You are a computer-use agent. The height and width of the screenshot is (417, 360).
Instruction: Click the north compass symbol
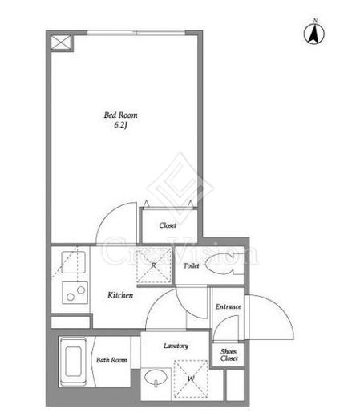(x=314, y=34)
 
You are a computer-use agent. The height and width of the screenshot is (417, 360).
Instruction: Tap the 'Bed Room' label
(x=120, y=115)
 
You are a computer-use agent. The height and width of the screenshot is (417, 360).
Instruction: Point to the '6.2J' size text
(x=120, y=125)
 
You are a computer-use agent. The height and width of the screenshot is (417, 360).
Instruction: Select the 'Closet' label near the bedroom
(x=168, y=225)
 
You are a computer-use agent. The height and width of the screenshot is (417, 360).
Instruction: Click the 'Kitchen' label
(x=120, y=295)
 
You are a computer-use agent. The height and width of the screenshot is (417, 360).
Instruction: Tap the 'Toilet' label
(x=191, y=265)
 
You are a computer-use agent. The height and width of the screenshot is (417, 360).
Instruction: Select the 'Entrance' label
(x=229, y=306)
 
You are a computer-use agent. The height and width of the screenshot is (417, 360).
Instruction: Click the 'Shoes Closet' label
(x=229, y=355)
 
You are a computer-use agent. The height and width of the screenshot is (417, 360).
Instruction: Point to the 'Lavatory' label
(x=176, y=346)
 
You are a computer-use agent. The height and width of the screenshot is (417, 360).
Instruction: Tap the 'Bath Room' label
(x=111, y=360)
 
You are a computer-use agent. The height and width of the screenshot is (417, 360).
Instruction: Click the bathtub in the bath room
(x=73, y=362)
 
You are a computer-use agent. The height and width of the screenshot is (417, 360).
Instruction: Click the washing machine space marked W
(x=191, y=379)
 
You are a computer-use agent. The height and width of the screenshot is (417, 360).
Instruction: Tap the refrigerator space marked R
(x=154, y=265)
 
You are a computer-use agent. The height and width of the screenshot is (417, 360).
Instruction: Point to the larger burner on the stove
(x=81, y=289)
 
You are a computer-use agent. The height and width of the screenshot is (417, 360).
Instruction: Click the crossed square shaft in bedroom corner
(x=61, y=43)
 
